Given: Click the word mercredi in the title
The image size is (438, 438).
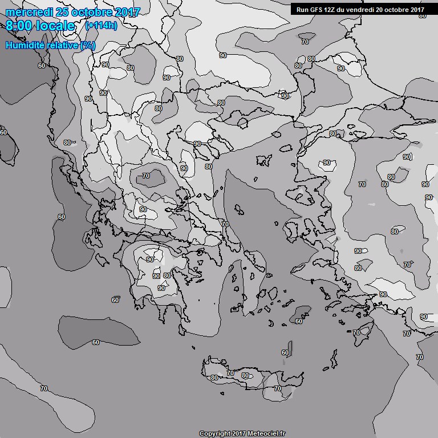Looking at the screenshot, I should (29, 11).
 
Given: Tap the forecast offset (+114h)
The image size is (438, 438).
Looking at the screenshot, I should (101, 26).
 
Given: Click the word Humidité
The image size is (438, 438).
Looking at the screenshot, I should (23, 45).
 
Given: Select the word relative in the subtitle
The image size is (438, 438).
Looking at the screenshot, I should (61, 45).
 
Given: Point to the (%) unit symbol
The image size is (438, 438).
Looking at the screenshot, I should (88, 45).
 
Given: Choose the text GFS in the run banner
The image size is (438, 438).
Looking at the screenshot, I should (317, 9).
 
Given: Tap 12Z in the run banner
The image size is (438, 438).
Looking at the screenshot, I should (332, 9).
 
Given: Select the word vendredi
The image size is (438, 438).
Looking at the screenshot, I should (363, 9).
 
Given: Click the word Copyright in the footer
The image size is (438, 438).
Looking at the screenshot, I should (215, 433).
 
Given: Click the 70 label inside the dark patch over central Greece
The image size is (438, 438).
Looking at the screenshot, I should (146, 176).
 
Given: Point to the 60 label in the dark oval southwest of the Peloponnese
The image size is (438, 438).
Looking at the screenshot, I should (95, 342).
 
